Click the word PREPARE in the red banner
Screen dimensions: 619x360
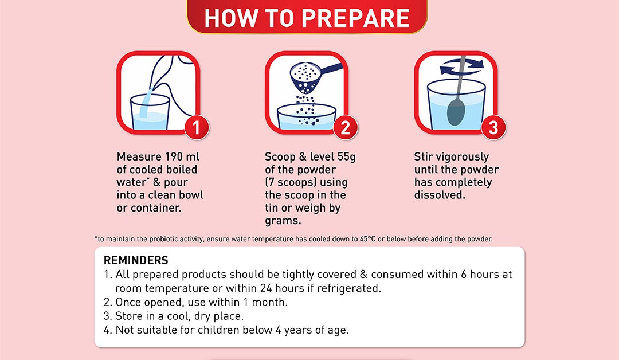358,18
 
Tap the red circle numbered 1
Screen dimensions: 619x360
197,127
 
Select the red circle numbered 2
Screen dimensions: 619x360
345,127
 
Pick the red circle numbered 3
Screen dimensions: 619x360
493,127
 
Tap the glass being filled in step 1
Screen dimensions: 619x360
150,112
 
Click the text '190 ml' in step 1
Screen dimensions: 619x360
182,156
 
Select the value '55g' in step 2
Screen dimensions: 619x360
347,157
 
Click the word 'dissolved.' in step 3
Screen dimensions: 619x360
440,195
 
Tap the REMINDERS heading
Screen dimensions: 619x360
136,260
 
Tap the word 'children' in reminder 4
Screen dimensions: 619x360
219,330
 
